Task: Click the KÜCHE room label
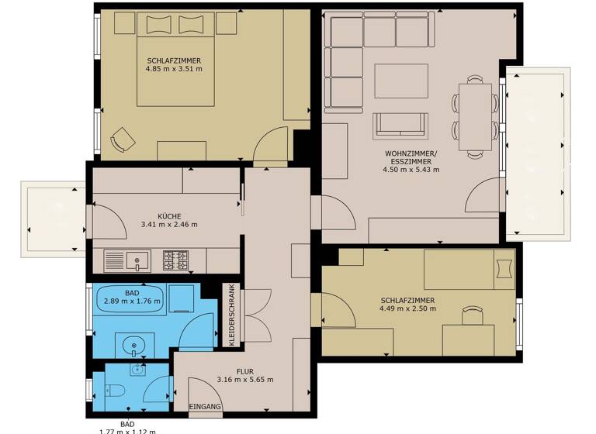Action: click(x=169, y=216)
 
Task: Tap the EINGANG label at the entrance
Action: click(x=206, y=405)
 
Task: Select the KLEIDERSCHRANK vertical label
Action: click(x=231, y=314)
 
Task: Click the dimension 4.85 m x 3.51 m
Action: click(x=173, y=69)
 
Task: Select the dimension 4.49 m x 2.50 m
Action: click(x=407, y=308)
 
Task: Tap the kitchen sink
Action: click(x=137, y=260)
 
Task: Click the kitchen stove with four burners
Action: click(x=175, y=260)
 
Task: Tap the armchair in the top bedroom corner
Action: click(x=122, y=140)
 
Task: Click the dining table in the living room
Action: click(x=475, y=116)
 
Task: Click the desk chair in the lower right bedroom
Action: click(x=472, y=314)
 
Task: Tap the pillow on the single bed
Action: click(x=504, y=267)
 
